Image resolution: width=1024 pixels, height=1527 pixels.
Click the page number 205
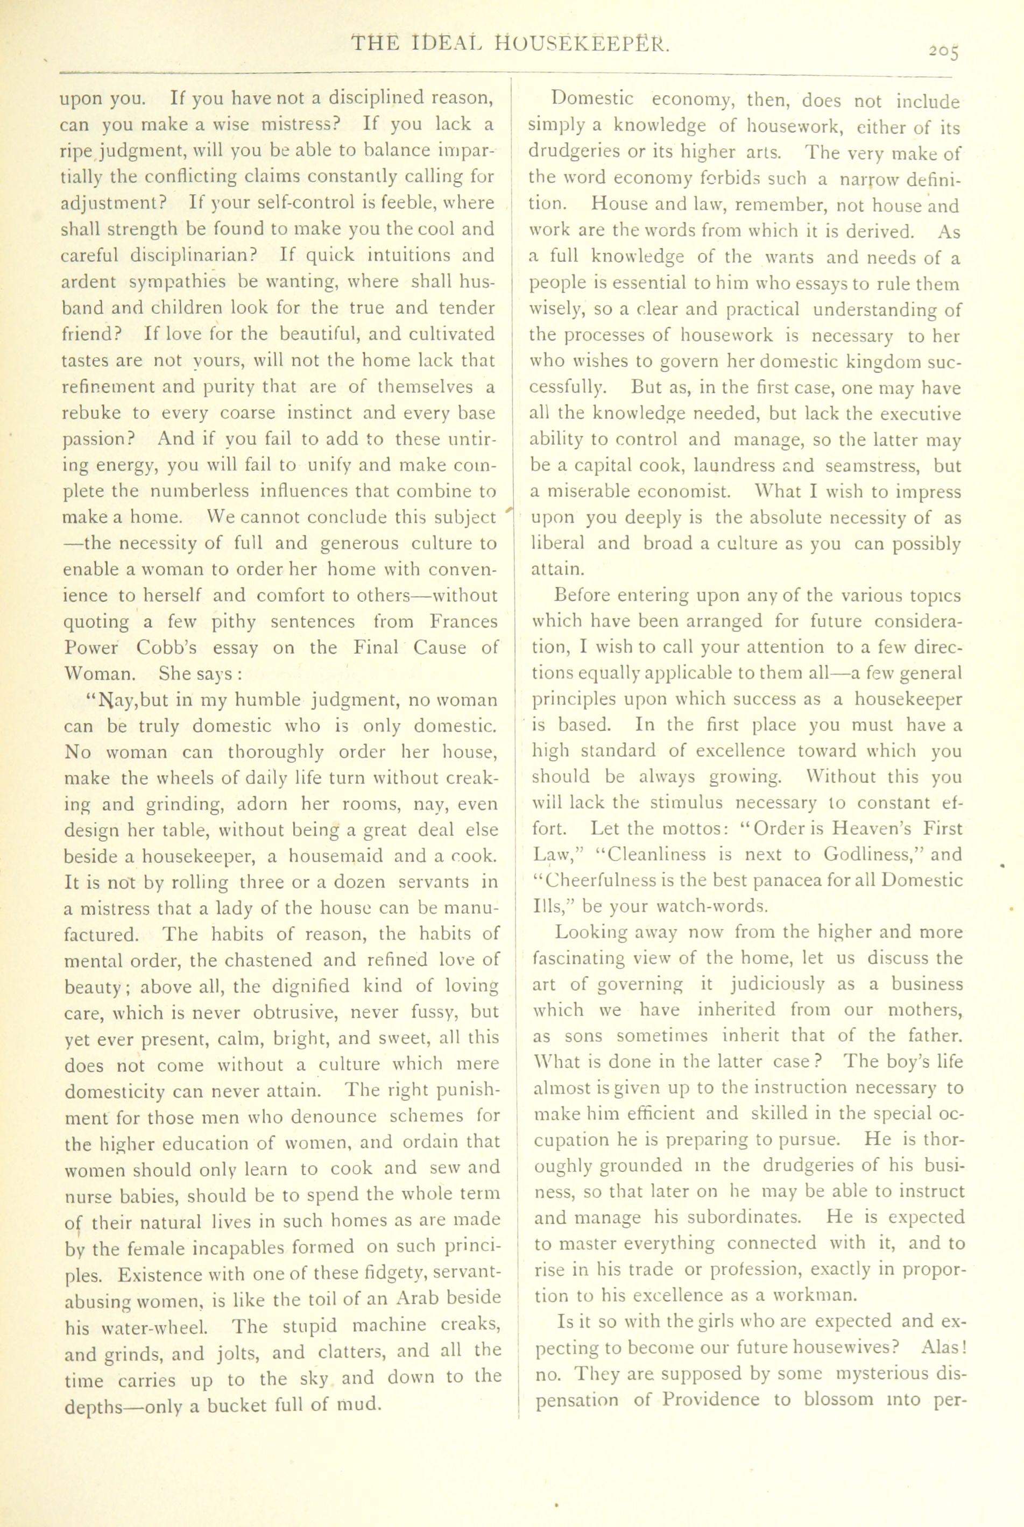click(x=944, y=52)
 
